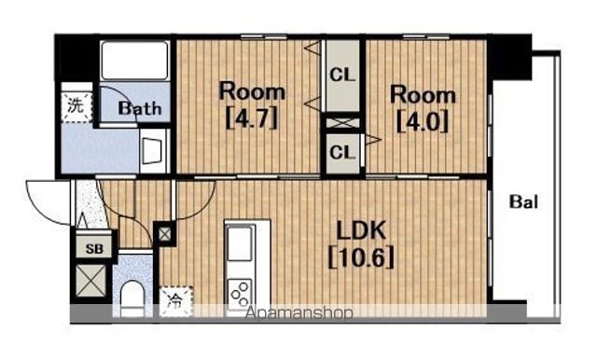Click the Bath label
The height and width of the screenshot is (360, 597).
coord(140,108)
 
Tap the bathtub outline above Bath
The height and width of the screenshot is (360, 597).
coord(134,60)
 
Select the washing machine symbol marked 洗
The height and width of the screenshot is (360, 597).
coord(76,106)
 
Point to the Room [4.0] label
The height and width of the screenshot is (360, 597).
coord(423,108)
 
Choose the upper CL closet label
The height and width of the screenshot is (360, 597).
coord(342,75)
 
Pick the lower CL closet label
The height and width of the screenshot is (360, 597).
coord(342,153)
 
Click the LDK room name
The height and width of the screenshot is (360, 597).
coord(361,230)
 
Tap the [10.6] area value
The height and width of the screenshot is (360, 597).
coord(361,257)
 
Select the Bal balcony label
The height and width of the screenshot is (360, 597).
coord(523,201)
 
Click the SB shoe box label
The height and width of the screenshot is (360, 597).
coord(94,248)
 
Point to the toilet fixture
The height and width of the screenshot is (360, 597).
coord(132,298)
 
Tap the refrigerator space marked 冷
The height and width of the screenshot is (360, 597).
coord(175,301)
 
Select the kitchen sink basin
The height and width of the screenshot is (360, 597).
coord(240,243)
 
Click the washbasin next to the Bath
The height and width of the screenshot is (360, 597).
coord(153,151)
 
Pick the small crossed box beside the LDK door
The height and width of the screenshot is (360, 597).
coord(164,234)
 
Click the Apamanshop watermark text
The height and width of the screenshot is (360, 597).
coord(299,313)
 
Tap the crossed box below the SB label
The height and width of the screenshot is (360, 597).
coord(90,281)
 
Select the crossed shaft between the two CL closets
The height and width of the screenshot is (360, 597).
coord(342,123)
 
